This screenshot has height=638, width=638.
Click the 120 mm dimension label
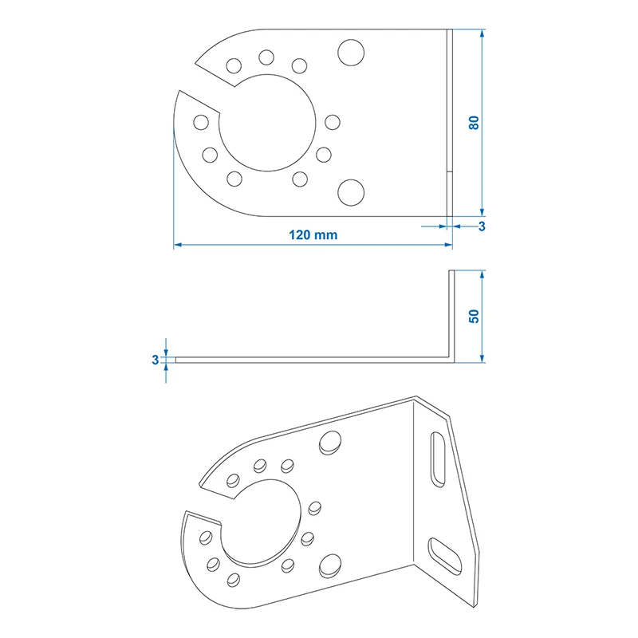[x=313, y=235]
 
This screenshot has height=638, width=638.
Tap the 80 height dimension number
[x=474, y=123]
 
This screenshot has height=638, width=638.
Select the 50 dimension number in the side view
[x=474, y=316]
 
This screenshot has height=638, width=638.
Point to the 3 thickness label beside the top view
[x=482, y=226]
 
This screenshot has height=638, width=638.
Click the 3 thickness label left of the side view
[x=155, y=360]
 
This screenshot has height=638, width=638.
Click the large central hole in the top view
[x=267, y=123]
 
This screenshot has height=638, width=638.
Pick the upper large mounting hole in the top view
[x=351, y=53]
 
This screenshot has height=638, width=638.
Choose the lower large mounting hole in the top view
[x=351, y=192]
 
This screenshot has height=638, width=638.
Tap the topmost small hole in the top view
[x=266, y=57]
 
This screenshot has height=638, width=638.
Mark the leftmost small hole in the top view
[x=201, y=122]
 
